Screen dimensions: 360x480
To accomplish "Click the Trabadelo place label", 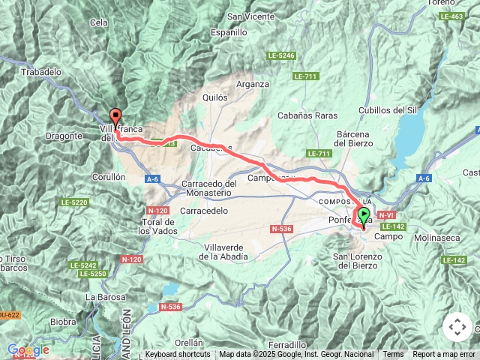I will pyautogui.click(x=42, y=72).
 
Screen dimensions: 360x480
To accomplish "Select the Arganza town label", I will pyautogui.click(x=252, y=84).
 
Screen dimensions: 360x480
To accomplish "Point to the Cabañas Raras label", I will pyautogui.click(x=307, y=115).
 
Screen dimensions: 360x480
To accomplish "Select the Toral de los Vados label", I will pyautogui.click(x=159, y=226).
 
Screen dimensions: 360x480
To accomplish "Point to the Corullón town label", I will pyautogui.click(x=108, y=177).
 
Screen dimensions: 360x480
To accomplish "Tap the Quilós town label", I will pyautogui.click(x=214, y=97).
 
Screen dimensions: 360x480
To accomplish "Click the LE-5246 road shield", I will pyautogui.click(x=281, y=55).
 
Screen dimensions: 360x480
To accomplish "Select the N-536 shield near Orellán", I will pyautogui.click(x=170, y=307).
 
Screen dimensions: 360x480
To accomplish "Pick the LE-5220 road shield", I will pyautogui.click(x=75, y=202).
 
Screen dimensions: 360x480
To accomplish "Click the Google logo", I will pyautogui.click(x=28, y=349).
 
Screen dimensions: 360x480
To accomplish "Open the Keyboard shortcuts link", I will pyautogui.click(x=178, y=355).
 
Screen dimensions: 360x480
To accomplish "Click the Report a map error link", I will pyautogui.click(x=444, y=355).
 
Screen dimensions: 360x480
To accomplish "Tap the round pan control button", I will pyautogui.click(x=457, y=327).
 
